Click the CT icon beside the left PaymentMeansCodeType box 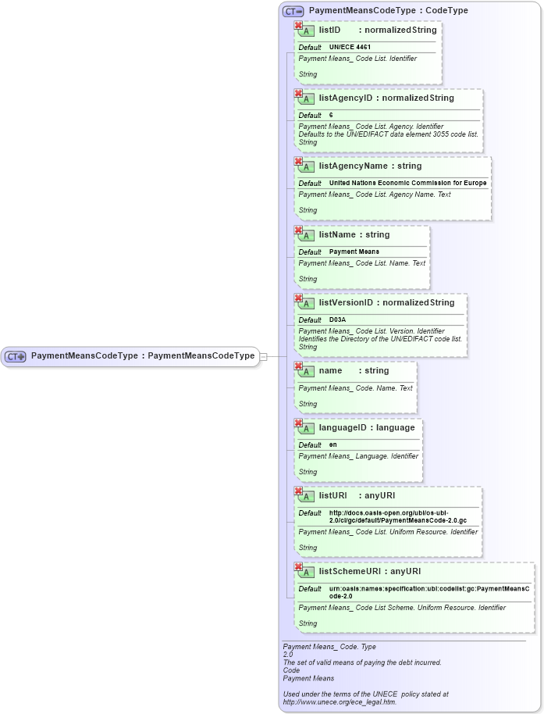pos(16,356)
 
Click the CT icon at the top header pos(293,11)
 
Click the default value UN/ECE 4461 pos(344,48)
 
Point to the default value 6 pos(331,116)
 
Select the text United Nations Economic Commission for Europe pos(407,184)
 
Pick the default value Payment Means pos(354,252)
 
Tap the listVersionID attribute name pos(346,303)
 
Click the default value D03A pos(337,320)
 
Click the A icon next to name pos(307,372)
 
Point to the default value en pos(333,445)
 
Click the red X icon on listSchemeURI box pos(298,566)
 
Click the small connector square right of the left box pos(263,356)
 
